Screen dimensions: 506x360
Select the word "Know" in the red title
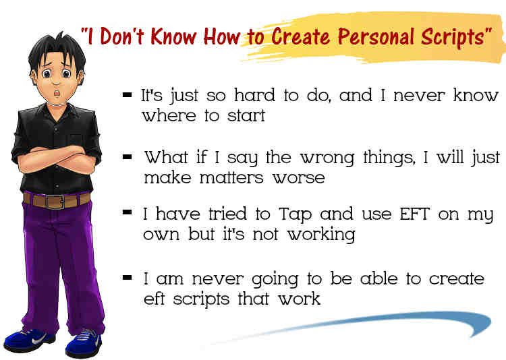tap(173, 36)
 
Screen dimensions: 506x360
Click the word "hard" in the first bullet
tap(255, 95)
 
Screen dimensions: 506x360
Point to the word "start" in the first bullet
tap(246, 115)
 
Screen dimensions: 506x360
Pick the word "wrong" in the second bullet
tap(327, 158)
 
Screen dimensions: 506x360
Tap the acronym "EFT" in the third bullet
tap(414, 214)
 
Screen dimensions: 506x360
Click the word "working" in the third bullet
tap(321, 234)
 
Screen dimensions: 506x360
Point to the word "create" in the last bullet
tap(457, 278)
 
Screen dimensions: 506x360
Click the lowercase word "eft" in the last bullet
tap(154, 299)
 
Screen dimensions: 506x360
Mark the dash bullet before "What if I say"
tap(127, 157)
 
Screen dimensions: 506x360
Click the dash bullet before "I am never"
tap(127, 278)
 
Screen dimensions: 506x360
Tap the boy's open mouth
tap(57, 92)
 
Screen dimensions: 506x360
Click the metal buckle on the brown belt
tap(55, 202)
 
